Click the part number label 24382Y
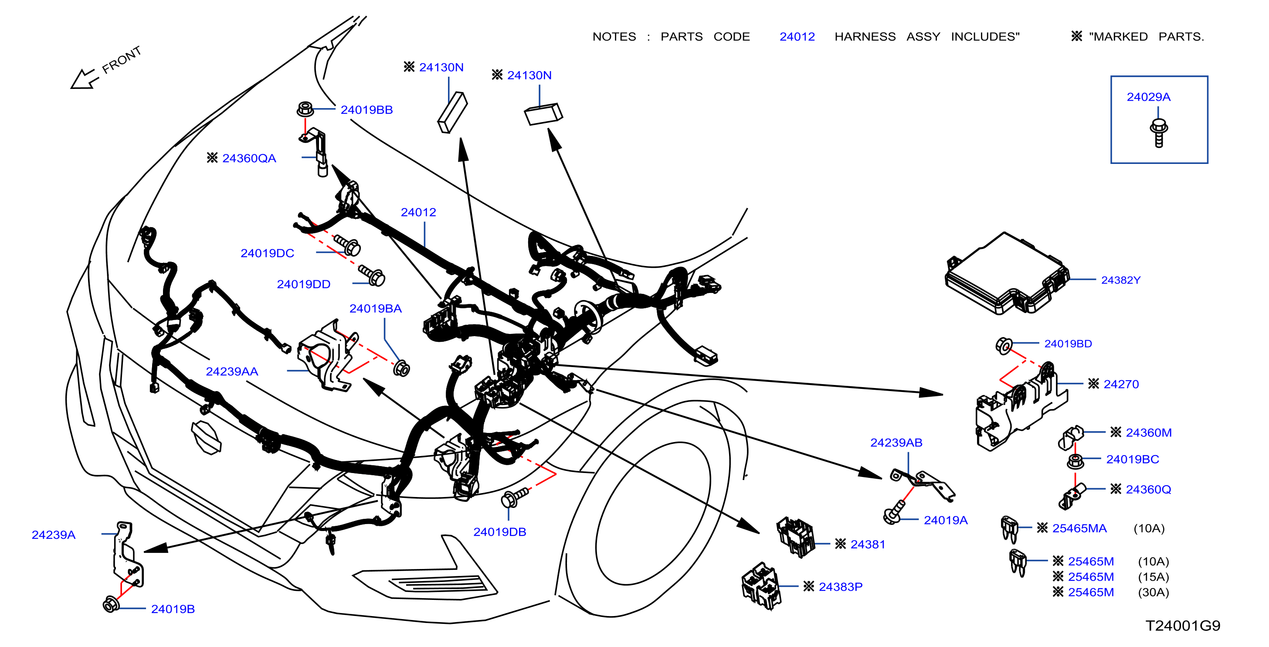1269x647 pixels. click(x=1121, y=280)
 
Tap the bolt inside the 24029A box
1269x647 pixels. click(x=1158, y=133)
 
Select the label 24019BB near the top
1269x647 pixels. click(x=366, y=110)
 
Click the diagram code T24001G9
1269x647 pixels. click(x=1183, y=625)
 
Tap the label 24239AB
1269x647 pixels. click(x=896, y=443)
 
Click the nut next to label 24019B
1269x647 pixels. click(x=111, y=604)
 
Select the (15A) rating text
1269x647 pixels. click(x=1153, y=576)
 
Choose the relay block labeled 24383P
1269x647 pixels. click(x=761, y=586)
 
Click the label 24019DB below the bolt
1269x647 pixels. click(x=499, y=532)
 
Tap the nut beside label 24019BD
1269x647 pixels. click(x=1004, y=345)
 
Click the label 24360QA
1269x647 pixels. click(x=249, y=158)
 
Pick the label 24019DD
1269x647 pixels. click(x=303, y=284)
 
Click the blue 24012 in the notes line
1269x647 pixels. click(x=797, y=37)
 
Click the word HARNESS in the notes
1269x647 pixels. click(x=865, y=37)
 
